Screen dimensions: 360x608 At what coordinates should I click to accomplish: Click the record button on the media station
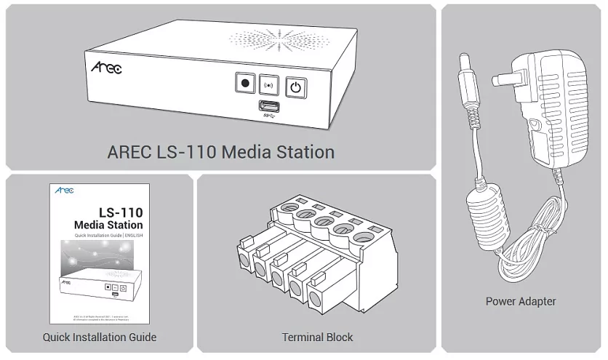coord(245,84)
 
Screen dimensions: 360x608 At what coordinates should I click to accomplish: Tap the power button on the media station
coord(295,88)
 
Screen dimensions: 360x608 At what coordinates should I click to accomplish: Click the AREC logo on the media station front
coord(106,68)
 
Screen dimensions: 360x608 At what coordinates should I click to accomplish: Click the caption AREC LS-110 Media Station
coord(220,153)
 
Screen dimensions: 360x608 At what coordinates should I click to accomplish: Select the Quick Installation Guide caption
coord(100,337)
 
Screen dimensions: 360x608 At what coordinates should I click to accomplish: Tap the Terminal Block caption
coord(317,337)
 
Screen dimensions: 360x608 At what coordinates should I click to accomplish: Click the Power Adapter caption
coord(521,301)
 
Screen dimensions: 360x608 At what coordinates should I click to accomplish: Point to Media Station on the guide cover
coord(108,225)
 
